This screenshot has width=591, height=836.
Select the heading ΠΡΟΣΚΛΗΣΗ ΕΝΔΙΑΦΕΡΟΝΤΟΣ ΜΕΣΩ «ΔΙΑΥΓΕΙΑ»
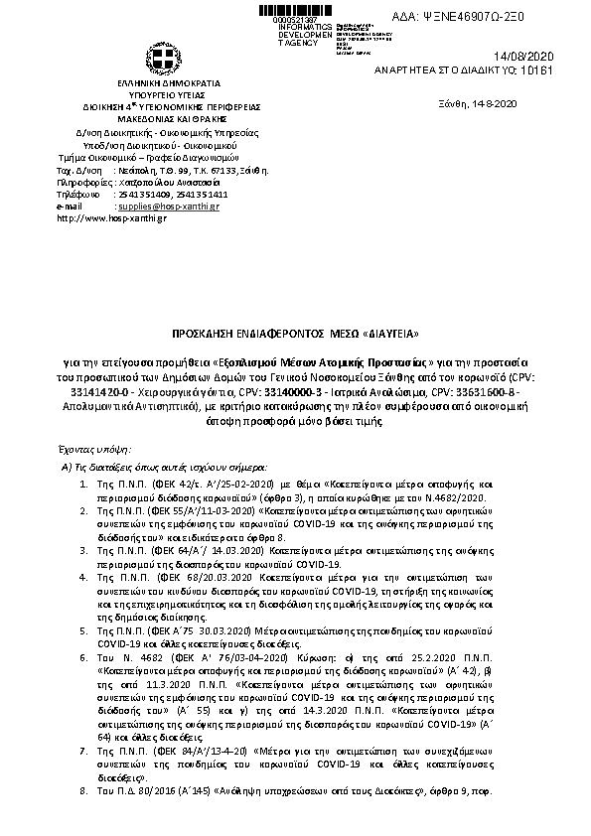pyautogui.click(x=295, y=333)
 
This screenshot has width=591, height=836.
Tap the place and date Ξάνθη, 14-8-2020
pyautogui.click(x=478, y=103)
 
